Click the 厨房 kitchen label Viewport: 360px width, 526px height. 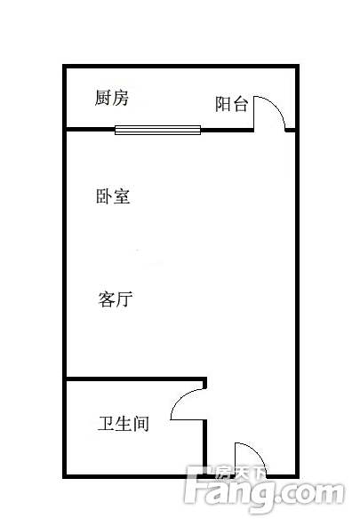tap(111, 98)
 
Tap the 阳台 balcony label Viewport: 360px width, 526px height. tap(231, 104)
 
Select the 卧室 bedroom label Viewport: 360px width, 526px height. tap(113, 196)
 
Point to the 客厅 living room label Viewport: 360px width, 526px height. tap(115, 299)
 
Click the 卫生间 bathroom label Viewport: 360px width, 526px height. tap(124, 423)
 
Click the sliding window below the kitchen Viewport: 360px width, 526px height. tap(157, 130)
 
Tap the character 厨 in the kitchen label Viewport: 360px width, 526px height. tap(102, 98)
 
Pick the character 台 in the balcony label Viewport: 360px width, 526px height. tap(240, 104)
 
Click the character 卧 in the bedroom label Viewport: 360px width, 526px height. tap(104, 196)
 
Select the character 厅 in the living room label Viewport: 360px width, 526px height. tap(124, 299)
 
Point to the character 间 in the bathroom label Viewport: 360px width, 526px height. tap(141, 423)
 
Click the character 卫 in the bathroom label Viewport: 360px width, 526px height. tap(106, 423)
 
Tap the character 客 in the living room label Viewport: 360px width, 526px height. tap(107, 299)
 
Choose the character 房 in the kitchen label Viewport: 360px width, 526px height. tap(121, 98)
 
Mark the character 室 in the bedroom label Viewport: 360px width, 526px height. tap(122, 196)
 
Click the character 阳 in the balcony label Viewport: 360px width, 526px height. tap(223, 104)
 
